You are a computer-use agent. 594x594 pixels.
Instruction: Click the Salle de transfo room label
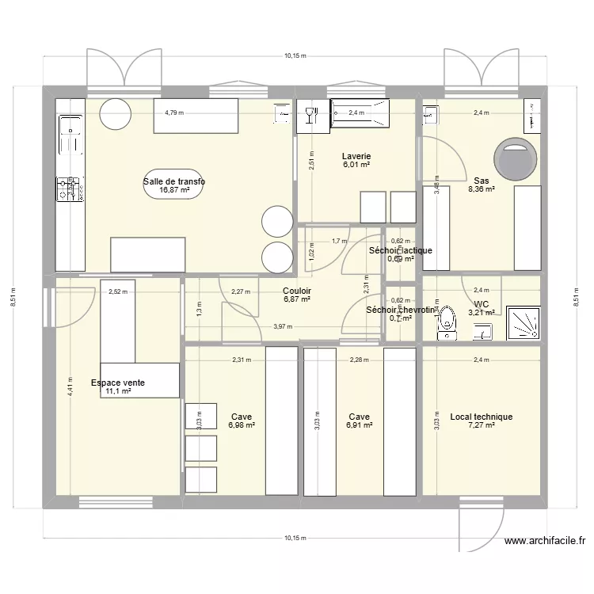pos(174,181)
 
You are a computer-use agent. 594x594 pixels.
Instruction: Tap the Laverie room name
pos(356,156)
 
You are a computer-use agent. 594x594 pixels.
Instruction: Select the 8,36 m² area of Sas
pos(482,189)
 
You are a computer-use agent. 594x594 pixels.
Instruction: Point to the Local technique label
pos(481,417)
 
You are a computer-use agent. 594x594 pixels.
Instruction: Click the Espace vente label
pos(117,383)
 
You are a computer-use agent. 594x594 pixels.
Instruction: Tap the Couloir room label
pos(296,291)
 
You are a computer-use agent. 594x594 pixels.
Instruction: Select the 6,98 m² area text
pos(242,425)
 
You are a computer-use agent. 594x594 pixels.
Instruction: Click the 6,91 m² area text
pos(359,425)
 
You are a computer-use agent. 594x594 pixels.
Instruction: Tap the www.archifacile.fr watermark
pos(545,542)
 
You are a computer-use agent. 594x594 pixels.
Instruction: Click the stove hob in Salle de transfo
pos(69,190)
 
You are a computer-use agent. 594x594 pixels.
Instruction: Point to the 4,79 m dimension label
pos(174,112)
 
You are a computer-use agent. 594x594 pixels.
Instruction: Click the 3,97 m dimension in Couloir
pos(282,326)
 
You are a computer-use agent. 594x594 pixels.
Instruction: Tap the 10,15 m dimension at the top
pos(295,57)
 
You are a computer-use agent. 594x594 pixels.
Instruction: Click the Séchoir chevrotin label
pos(402,310)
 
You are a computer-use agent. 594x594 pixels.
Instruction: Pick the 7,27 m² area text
pos(482,425)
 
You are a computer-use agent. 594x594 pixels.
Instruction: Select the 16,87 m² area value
pos(174,190)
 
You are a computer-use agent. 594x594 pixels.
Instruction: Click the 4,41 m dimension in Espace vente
pos(70,386)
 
